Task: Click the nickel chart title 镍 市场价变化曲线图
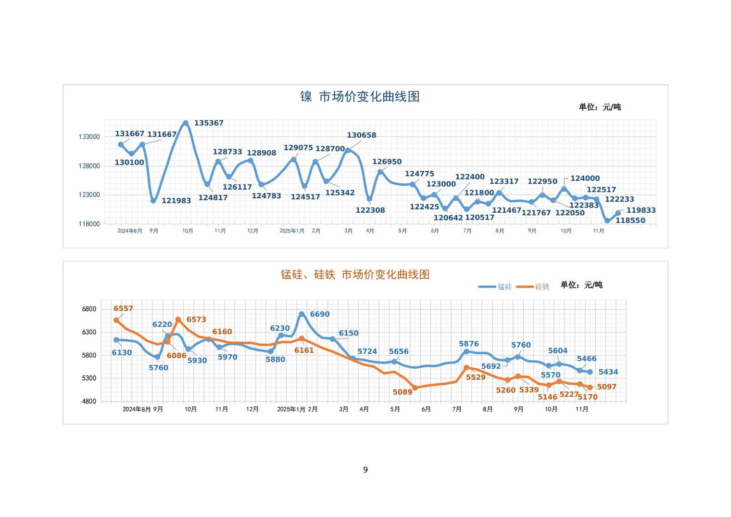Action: tap(360, 96)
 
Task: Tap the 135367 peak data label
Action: tap(209, 123)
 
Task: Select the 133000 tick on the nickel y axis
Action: tap(89, 137)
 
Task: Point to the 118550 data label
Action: tap(630, 220)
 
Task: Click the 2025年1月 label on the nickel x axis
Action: tap(292, 231)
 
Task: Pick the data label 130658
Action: tap(362, 135)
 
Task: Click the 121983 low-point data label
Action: tap(176, 201)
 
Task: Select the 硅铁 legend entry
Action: tap(533, 286)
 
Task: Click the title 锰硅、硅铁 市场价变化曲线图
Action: tap(355, 274)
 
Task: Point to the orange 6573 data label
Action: tap(196, 320)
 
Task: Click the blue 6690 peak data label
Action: tap(320, 314)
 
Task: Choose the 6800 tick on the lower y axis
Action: tap(89, 309)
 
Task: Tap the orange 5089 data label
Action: tap(403, 392)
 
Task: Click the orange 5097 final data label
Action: tap(606, 387)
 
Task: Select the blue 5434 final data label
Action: tap(608, 372)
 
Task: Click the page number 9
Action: tap(365, 470)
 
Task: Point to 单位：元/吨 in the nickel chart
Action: tap(600, 107)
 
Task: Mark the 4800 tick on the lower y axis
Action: tap(89, 401)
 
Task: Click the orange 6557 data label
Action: tap(123, 309)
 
